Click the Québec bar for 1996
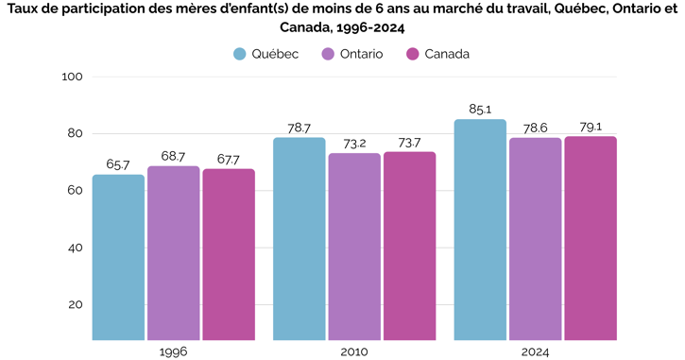(x=118, y=257)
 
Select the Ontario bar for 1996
(x=173, y=253)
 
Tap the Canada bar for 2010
(x=409, y=246)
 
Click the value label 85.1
(x=480, y=110)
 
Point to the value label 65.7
(x=118, y=164)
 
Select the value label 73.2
(x=354, y=144)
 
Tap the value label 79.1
(x=591, y=127)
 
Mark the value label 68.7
(x=173, y=156)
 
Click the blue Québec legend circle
(x=241, y=54)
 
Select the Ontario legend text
(x=361, y=54)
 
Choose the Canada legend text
(x=446, y=54)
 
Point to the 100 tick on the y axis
(x=73, y=77)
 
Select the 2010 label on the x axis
(x=354, y=351)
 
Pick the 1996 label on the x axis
(x=173, y=351)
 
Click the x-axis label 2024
(x=535, y=351)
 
